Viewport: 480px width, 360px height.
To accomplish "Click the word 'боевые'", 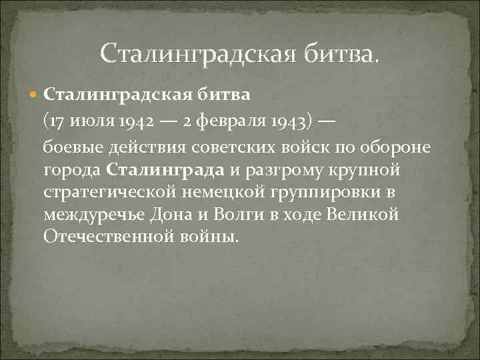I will click(72, 146).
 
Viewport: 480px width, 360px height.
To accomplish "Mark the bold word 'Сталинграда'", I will click(166, 169).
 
